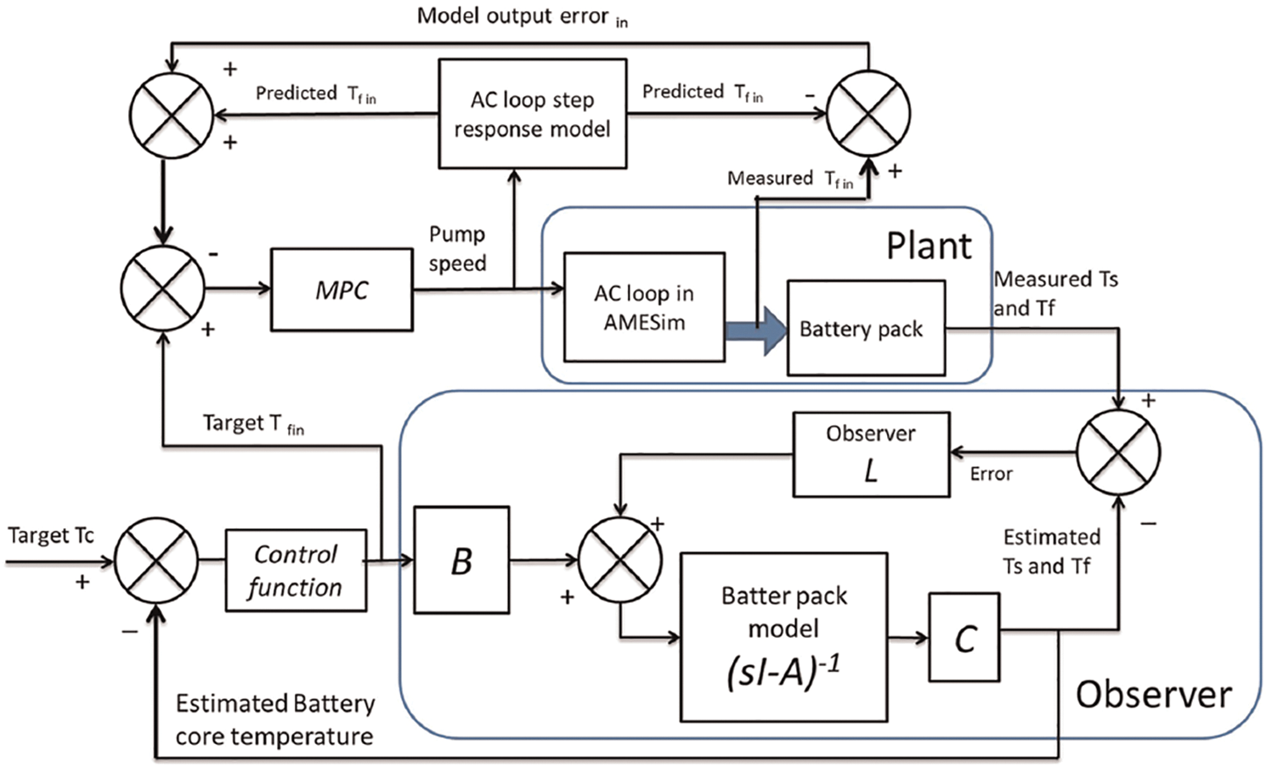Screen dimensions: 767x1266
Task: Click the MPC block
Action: tap(342, 290)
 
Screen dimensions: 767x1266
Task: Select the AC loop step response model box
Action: tap(533, 114)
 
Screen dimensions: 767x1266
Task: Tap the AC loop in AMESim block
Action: tap(644, 307)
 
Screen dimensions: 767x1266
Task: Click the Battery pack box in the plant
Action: tap(866, 329)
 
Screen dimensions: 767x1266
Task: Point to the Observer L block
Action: tap(871, 454)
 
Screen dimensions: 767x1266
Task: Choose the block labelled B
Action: tap(461, 561)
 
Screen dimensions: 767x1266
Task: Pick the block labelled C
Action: tap(964, 638)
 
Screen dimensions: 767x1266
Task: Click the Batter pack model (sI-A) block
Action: tap(783, 637)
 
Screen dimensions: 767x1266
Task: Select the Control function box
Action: tap(296, 570)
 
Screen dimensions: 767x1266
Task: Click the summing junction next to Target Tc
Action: tap(156, 561)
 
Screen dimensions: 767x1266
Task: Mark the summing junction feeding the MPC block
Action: tap(162, 289)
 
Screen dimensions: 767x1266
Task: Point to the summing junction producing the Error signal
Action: tap(1118, 453)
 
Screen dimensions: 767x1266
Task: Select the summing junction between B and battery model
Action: tap(620, 561)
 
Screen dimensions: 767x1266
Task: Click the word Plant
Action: tap(929, 246)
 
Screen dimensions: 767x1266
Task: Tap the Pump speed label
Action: tap(457, 249)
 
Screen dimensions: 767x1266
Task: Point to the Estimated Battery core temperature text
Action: tap(274, 719)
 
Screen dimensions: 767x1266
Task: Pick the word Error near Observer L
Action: tap(992, 474)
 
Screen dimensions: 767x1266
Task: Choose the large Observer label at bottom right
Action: tap(1153, 695)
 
